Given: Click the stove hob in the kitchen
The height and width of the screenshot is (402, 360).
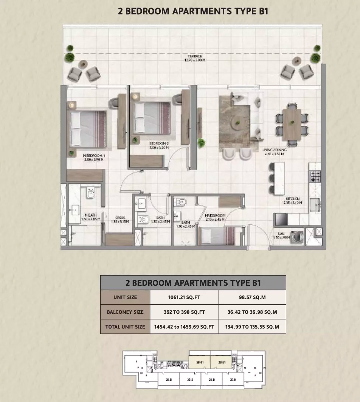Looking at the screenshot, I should click(315, 175).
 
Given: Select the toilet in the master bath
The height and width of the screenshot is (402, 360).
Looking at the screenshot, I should click(90, 194).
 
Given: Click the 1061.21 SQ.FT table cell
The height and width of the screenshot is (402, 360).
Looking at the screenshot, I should click(184, 297).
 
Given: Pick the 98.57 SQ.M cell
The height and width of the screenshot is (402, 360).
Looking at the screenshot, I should click(252, 297).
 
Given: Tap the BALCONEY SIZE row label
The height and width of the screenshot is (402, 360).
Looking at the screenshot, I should click(125, 312).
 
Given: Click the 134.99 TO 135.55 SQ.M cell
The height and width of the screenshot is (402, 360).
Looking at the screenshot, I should click(252, 326).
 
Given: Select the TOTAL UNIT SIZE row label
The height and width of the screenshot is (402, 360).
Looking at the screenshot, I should click(125, 326).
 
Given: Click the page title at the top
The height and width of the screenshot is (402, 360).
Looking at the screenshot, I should click(193, 11).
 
